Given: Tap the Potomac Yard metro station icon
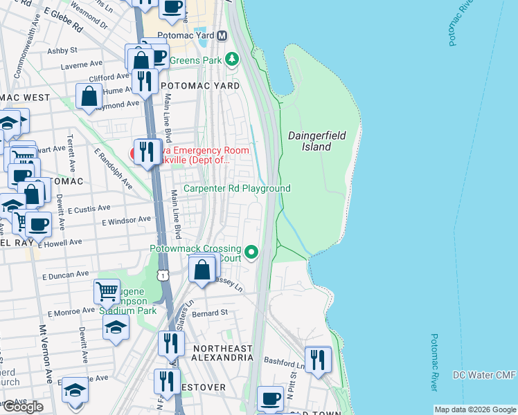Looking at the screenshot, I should click(222, 36).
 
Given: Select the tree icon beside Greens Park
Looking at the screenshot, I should click(233, 60).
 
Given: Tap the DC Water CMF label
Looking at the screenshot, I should click(484, 375).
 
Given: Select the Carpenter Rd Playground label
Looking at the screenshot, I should click(236, 188).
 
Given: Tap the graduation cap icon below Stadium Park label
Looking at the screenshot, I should click(116, 327).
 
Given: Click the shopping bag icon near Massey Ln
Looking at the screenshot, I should click(202, 270).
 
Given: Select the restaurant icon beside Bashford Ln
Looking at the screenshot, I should click(318, 359).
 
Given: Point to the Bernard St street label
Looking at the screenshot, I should click(211, 313).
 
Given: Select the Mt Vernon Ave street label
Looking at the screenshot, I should click(46, 353).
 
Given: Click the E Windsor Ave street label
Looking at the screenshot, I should click(126, 221).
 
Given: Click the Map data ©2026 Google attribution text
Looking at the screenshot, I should click(474, 409).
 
